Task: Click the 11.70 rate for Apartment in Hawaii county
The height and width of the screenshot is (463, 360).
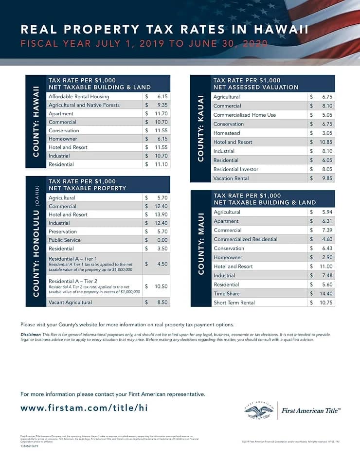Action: (x=161, y=113)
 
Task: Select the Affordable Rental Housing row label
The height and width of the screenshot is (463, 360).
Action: (x=79, y=96)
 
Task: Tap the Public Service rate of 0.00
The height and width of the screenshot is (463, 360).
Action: (x=162, y=240)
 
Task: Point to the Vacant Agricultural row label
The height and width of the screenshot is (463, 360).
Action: (x=70, y=302)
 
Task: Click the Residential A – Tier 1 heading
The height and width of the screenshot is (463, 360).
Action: (x=73, y=258)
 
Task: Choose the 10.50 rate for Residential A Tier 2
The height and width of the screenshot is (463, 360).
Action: (x=161, y=286)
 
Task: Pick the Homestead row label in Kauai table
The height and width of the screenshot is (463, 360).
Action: (x=227, y=133)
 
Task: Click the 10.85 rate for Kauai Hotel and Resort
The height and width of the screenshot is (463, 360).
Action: (x=325, y=142)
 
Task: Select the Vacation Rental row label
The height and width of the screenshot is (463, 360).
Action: (x=231, y=178)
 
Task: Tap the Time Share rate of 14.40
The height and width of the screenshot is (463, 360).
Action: (x=325, y=293)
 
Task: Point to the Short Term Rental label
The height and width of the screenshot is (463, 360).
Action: (x=234, y=303)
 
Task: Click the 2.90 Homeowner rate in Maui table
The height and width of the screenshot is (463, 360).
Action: (x=327, y=257)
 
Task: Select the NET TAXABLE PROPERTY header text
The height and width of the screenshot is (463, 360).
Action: (x=87, y=188)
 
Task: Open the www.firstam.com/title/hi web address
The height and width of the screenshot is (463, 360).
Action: (x=84, y=408)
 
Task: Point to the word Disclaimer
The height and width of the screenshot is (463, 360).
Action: (x=31, y=335)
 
